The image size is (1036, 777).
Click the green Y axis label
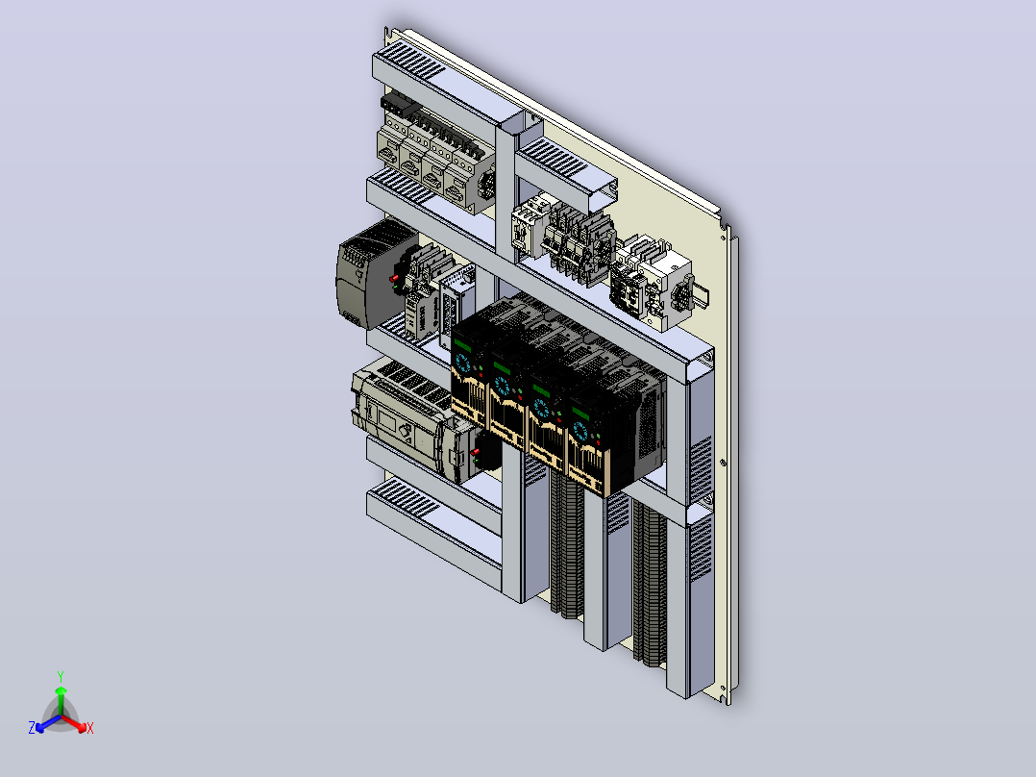[61, 676]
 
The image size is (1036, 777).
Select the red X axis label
[90, 728]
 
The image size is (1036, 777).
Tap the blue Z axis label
[32, 728]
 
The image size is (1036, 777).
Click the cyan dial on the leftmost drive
[462, 363]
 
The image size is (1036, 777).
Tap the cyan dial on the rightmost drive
[580, 431]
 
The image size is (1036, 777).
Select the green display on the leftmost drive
[462, 344]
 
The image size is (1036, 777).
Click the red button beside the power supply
[393, 279]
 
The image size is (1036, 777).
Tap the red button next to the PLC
[475, 452]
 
